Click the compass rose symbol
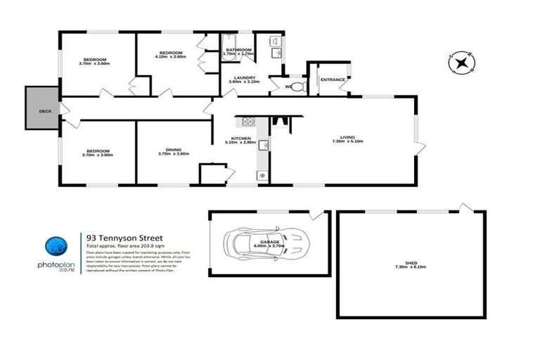point(461,63)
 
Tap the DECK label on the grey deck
point(45,111)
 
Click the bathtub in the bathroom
point(237,42)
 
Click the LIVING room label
point(347,137)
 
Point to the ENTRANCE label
point(333,79)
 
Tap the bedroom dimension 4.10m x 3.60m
point(171,58)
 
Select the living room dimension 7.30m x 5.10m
point(347,142)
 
